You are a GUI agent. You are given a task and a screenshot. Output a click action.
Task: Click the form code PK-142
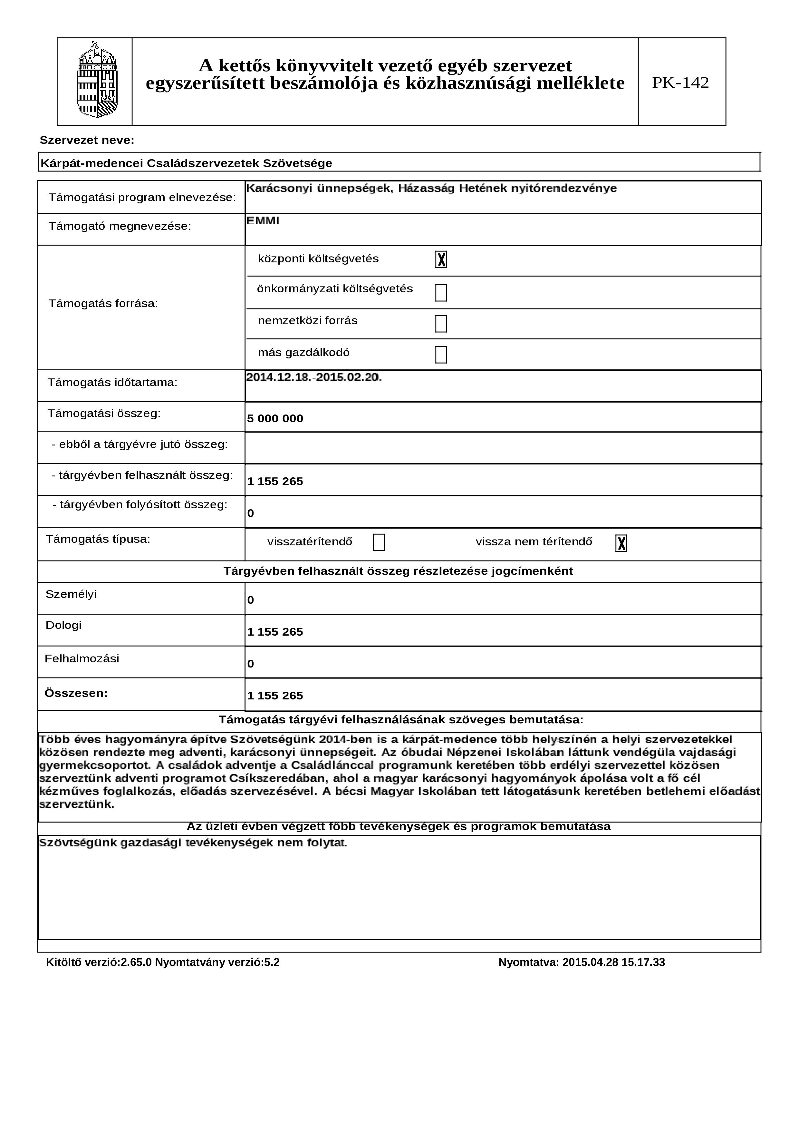(x=680, y=82)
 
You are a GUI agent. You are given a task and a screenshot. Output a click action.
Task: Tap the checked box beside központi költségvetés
(x=441, y=259)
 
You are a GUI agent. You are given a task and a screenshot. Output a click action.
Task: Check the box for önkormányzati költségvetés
(x=441, y=293)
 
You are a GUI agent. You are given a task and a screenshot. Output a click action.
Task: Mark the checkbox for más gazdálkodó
(x=441, y=355)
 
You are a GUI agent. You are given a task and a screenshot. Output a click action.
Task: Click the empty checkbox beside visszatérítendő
(x=379, y=542)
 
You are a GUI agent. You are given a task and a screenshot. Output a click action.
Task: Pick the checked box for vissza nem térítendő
(x=621, y=543)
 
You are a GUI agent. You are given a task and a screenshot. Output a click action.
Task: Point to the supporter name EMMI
(x=263, y=221)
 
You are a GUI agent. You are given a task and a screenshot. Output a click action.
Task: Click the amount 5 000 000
(x=275, y=419)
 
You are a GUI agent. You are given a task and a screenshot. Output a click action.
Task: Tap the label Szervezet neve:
(x=87, y=141)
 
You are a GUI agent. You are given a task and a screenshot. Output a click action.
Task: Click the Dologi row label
(x=63, y=625)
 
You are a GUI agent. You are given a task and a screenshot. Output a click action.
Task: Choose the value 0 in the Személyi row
(x=251, y=600)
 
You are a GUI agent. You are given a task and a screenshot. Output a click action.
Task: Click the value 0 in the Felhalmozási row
(x=251, y=664)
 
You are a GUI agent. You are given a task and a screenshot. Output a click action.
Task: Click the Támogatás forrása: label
(x=103, y=303)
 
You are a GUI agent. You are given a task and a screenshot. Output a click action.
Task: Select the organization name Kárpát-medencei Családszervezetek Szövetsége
(x=186, y=163)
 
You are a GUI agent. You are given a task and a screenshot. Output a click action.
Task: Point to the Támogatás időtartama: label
(x=112, y=383)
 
